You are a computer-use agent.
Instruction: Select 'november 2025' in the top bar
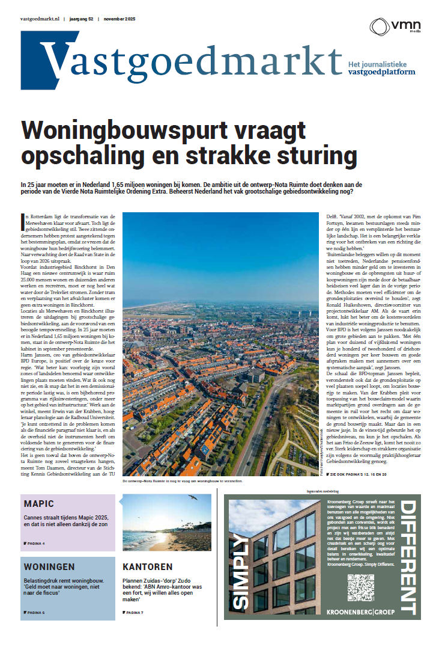coord(120,19)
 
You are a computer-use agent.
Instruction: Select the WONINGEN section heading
coord(49,566)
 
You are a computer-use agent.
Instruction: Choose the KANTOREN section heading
coord(147,566)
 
